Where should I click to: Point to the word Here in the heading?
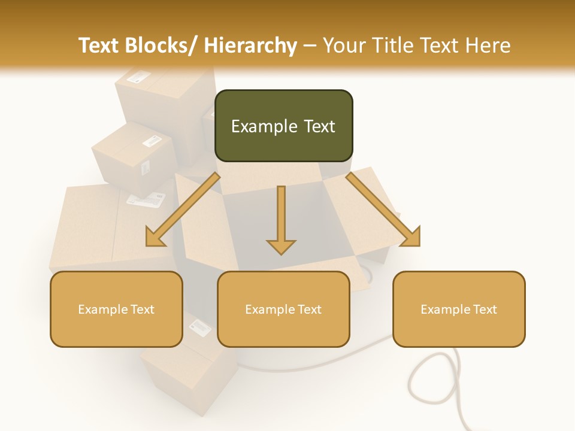(x=488, y=45)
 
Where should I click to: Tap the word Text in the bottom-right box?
(x=485, y=309)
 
